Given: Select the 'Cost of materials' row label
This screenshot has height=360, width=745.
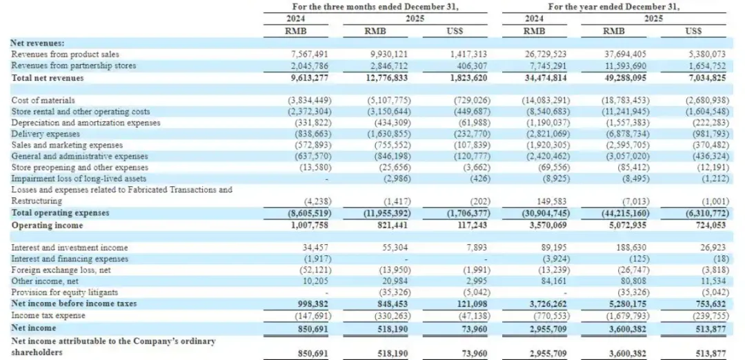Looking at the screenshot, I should (43, 100).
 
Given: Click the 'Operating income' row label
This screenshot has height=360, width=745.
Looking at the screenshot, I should (47, 225).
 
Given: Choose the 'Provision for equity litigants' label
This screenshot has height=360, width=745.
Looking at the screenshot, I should (64, 292).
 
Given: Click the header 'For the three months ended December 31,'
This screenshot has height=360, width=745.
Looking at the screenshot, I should (366, 6).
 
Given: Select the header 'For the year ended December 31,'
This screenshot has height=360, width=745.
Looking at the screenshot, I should (613, 6).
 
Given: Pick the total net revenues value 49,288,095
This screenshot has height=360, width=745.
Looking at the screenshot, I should (617, 78).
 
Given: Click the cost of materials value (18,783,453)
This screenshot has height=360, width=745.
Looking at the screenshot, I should (616, 100).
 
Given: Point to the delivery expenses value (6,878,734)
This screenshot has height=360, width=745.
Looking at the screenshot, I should (616, 134).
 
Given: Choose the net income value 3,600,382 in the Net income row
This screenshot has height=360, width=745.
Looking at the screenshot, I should (617, 328).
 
